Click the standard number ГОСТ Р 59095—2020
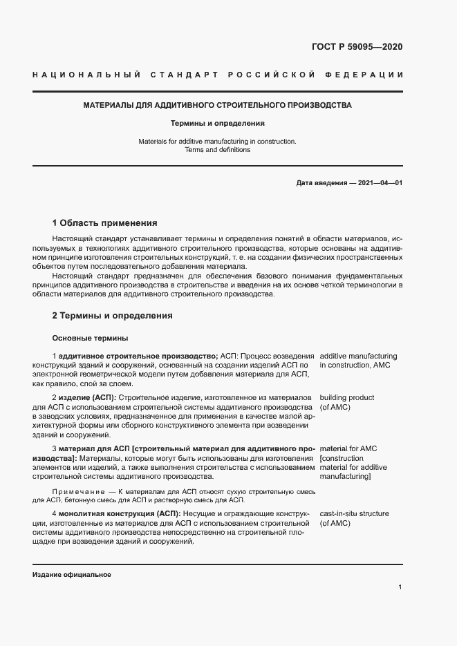pos(357,47)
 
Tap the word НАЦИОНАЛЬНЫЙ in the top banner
pos(87,75)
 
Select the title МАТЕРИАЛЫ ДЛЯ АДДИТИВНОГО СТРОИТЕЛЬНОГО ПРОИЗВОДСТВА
pos(218,106)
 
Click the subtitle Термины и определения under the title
pos(218,124)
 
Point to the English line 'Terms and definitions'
pos(218,150)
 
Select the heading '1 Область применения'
pos(104,223)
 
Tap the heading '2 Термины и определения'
pos(112,316)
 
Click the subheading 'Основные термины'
pos(89,338)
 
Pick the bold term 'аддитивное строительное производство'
pos(138,355)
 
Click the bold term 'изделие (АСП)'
pos(87,398)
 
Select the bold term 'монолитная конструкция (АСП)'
pos(119,514)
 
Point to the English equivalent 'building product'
pos(346,398)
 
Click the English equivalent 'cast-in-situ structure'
pos(354,514)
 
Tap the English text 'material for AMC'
pos(348,449)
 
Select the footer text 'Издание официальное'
pos(72,575)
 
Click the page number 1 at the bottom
pos(400,587)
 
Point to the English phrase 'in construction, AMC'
pos(355,365)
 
